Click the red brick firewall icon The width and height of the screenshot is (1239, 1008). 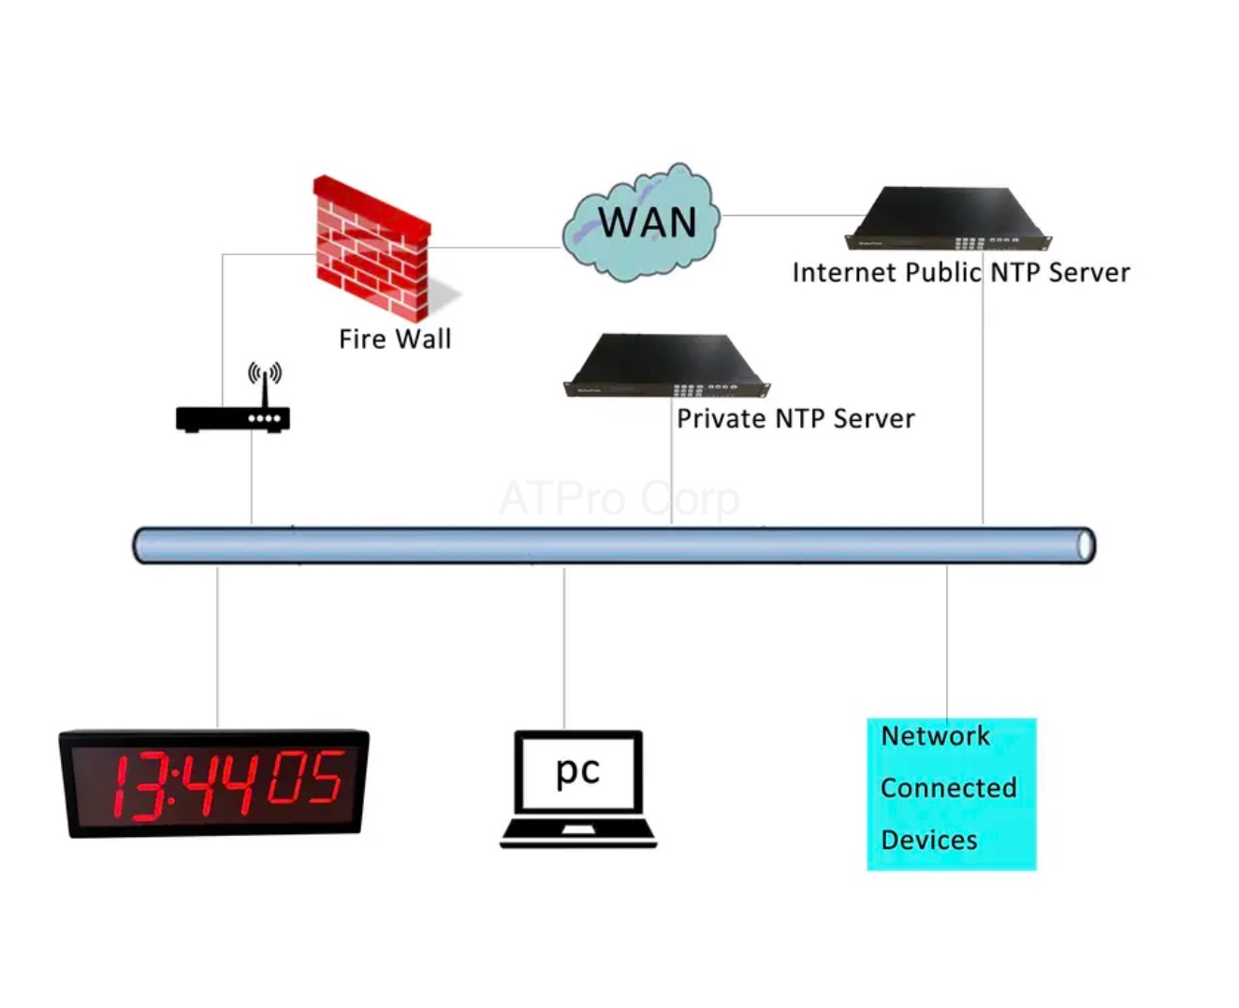(x=372, y=248)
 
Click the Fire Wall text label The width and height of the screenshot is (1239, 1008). (x=395, y=338)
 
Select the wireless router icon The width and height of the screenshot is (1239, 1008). (x=233, y=417)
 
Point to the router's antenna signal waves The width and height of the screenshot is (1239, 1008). (x=265, y=373)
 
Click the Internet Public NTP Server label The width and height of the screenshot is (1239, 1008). (x=960, y=272)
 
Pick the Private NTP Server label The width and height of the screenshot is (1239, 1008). (x=795, y=418)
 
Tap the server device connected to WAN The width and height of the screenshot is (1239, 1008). (x=948, y=219)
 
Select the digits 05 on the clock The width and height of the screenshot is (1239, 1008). (x=305, y=778)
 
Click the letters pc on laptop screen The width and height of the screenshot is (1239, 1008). (x=577, y=770)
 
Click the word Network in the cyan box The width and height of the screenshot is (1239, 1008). (x=935, y=736)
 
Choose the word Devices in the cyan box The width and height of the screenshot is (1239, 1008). (x=928, y=840)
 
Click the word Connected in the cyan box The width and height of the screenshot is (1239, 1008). (x=948, y=787)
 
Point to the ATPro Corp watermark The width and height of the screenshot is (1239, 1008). (x=619, y=498)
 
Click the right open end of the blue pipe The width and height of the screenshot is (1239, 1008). (x=1085, y=545)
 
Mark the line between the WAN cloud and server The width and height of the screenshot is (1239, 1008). (x=791, y=215)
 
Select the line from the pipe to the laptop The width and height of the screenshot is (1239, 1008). (x=564, y=645)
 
